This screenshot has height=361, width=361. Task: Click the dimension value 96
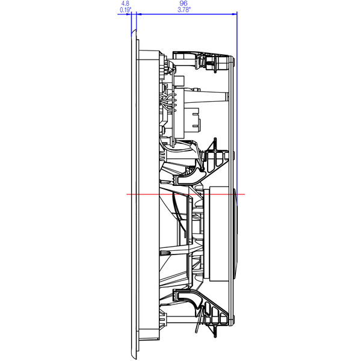(x=184, y=4)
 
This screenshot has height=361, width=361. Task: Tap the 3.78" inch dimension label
(x=184, y=10)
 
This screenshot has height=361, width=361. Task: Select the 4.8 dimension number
(x=125, y=4)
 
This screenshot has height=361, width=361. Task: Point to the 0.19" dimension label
(x=126, y=10)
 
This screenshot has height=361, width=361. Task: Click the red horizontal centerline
(x=185, y=194)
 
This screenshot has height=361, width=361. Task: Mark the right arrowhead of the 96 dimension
(x=235, y=14)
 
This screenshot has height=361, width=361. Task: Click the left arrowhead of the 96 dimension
(x=140, y=14)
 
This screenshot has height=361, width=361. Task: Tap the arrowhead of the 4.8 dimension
(x=129, y=14)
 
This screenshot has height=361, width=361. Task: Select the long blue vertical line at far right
(x=237, y=108)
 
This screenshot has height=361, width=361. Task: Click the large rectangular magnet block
(x=219, y=234)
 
